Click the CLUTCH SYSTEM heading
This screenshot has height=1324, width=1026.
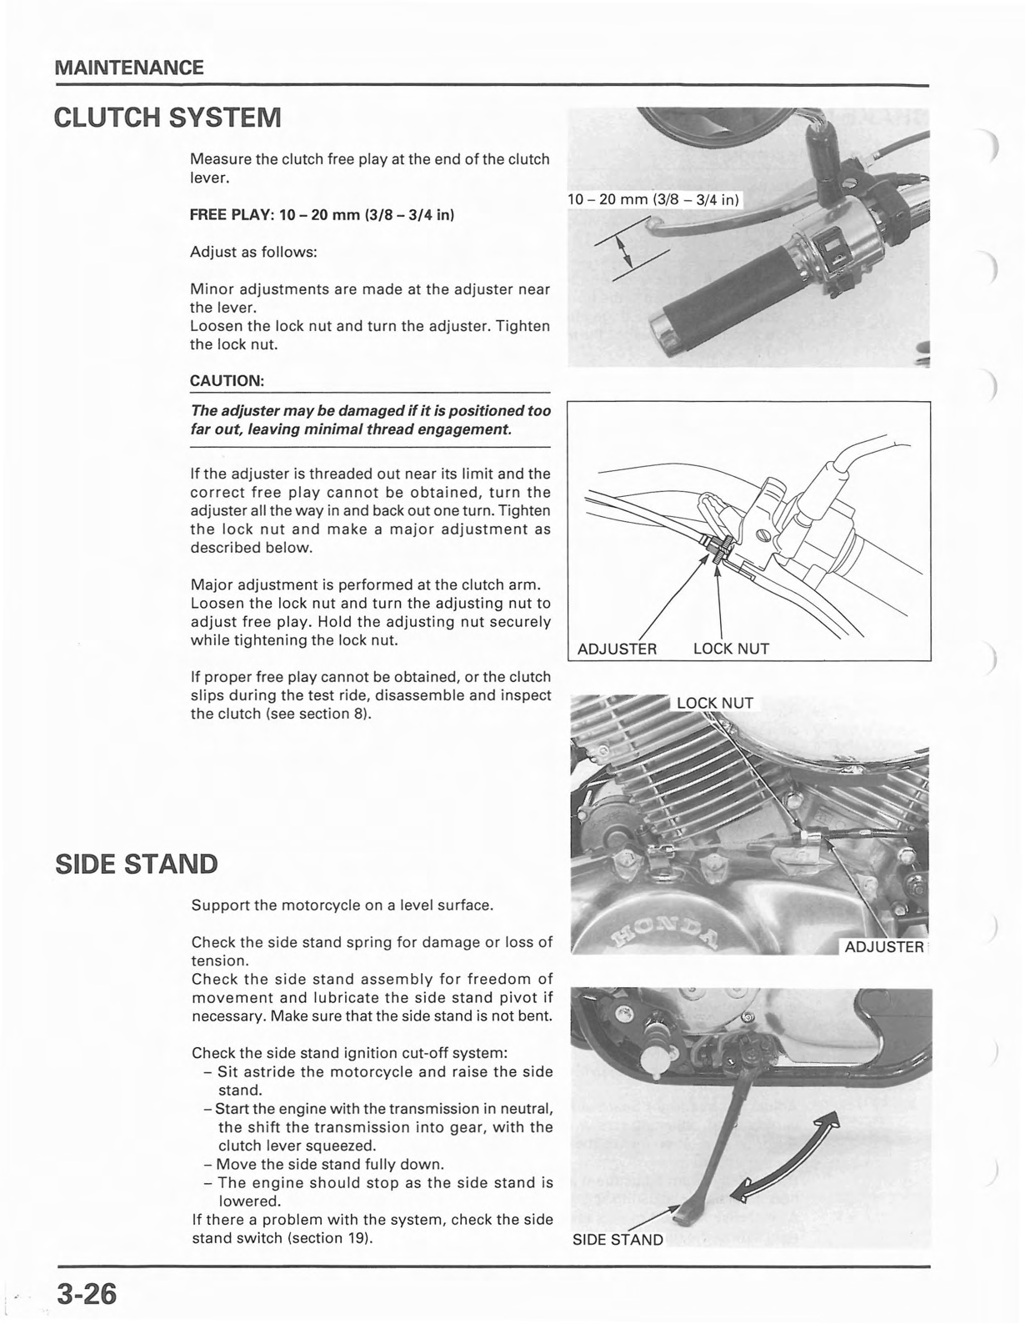pyautogui.click(x=168, y=117)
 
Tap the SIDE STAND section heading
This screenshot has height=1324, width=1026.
pyautogui.click(x=136, y=864)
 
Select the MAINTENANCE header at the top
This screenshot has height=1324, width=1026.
pyautogui.click(x=128, y=68)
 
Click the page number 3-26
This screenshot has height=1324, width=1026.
pyautogui.click(x=87, y=1296)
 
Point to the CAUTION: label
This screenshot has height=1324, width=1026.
pyautogui.click(x=227, y=381)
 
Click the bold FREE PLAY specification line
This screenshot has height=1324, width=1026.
pyautogui.click(x=322, y=214)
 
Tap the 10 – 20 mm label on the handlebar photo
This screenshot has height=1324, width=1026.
pyautogui.click(x=653, y=199)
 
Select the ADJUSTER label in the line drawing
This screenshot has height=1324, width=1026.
pyautogui.click(x=617, y=649)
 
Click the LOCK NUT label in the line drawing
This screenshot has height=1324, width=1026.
pyautogui.click(x=731, y=649)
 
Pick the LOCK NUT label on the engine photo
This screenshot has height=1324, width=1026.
pyautogui.click(x=714, y=703)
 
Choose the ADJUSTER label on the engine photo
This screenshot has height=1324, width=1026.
pyautogui.click(x=883, y=947)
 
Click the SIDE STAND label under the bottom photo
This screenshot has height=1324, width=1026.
pyautogui.click(x=618, y=1240)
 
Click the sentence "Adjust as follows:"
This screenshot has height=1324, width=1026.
pyautogui.click(x=253, y=252)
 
